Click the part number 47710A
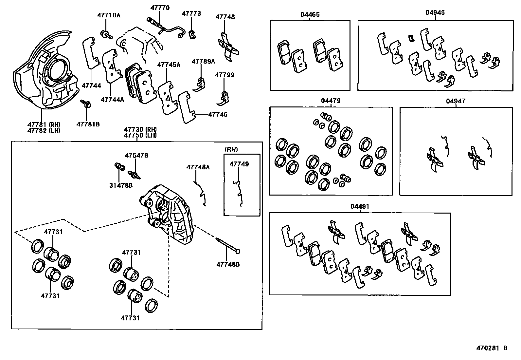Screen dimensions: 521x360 point(109,15)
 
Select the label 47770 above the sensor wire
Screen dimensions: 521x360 point(160,8)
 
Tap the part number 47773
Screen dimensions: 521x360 point(191,14)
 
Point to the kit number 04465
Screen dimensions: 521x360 point(310,15)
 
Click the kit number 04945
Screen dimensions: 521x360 point(435,13)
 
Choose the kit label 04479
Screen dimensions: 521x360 point(331,101)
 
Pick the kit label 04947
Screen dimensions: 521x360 point(456,101)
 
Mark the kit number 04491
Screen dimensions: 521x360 point(360,206)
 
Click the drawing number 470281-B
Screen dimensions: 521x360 point(492,348)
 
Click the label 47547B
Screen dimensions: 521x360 point(136,155)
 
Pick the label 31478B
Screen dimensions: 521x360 point(121,185)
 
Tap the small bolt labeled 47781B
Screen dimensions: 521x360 point(87,104)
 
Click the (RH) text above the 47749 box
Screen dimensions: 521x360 point(231,149)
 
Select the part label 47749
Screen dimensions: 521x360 point(239,164)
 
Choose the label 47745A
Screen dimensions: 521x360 point(169,65)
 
